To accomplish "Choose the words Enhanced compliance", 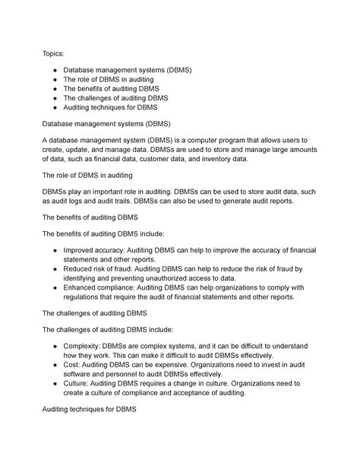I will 96,287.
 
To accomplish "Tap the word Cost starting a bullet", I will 73,366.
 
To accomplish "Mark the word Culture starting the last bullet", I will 77,385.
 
